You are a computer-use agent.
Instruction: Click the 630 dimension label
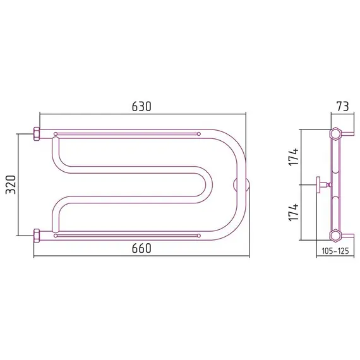point(141,107)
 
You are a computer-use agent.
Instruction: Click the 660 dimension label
point(141,248)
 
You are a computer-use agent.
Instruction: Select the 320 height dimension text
point(11,185)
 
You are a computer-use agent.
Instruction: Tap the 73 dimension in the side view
point(342,107)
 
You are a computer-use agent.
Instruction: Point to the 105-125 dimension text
point(335,251)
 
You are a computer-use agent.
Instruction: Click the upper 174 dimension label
point(294,157)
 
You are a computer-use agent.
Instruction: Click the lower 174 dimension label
point(294,212)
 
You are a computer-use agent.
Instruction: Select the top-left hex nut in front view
point(37,134)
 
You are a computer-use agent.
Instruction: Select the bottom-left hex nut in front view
point(37,236)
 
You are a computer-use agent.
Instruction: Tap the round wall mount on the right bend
point(241,184)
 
